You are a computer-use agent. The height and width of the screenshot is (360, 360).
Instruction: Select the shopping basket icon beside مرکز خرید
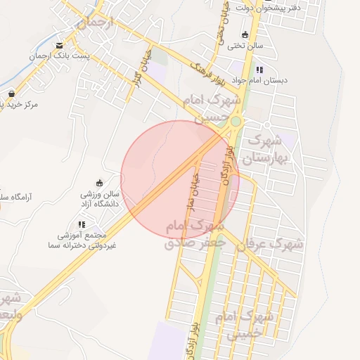(x=11, y=94)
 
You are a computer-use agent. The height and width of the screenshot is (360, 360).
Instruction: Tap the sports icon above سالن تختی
(x=245, y=34)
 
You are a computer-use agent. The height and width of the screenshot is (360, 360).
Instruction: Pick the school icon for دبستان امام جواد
(x=259, y=70)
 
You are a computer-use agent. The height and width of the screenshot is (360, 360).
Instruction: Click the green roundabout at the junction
(x=236, y=122)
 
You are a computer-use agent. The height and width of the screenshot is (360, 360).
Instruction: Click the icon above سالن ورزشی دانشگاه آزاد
(x=98, y=183)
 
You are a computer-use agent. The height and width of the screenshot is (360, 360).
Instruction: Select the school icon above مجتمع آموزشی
(x=81, y=224)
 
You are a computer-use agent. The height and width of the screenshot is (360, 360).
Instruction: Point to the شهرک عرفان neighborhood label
(x=269, y=245)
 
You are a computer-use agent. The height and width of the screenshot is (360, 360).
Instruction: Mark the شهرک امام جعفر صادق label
(x=195, y=235)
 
